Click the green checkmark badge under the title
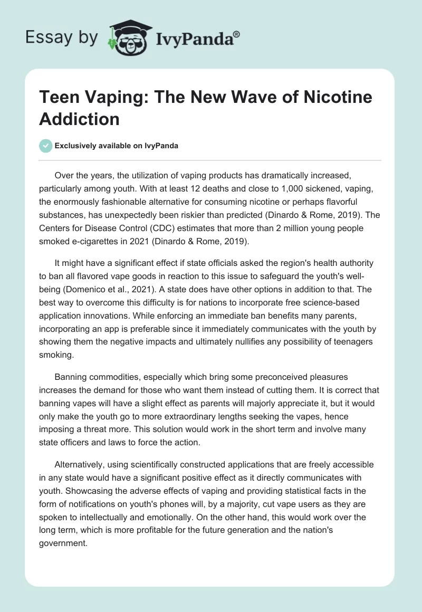tap(46, 146)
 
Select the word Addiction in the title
tap(79, 118)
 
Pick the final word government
tap(63, 540)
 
